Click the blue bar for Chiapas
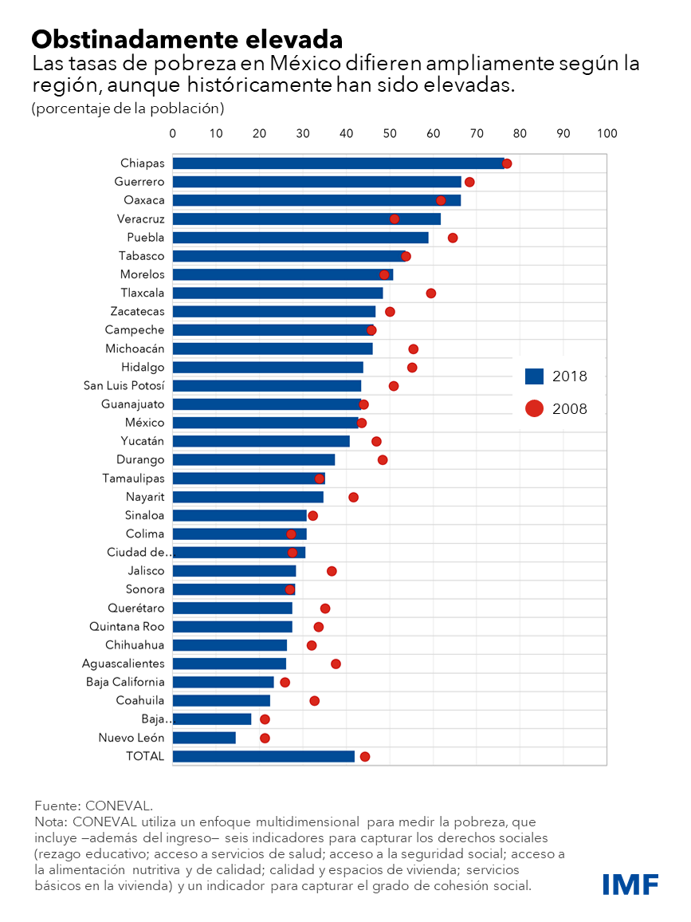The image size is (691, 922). pyautogui.click(x=339, y=164)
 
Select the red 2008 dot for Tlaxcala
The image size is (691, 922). pyautogui.click(x=431, y=294)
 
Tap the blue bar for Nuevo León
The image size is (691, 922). pyautogui.click(x=204, y=738)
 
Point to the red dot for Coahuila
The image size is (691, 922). pyautogui.click(x=315, y=701)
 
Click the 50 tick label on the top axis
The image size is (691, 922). pyautogui.click(x=390, y=133)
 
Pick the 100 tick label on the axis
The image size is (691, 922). pyautogui.click(x=607, y=133)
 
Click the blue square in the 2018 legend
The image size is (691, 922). pyautogui.click(x=534, y=376)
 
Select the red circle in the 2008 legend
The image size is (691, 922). pyautogui.click(x=534, y=408)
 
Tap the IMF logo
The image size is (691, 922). pyautogui.click(x=630, y=884)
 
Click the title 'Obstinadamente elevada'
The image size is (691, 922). pyautogui.click(x=187, y=38)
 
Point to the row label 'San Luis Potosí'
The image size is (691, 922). pyautogui.click(x=124, y=386)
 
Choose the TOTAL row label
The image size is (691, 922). pyautogui.click(x=145, y=756)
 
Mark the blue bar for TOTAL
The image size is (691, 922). pyautogui.click(x=263, y=756)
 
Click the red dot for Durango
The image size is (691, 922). pyautogui.click(x=383, y=460)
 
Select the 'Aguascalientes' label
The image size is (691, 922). pyautogui.click(x=124, y=664)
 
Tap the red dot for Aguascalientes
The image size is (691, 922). pyautogui.click(x=336, y=664)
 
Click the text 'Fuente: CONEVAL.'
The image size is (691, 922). pyautogui.click(x=93, y=806)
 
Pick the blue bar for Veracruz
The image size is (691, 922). pyautogui.click(x=307, y=219)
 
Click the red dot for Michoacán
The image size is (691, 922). pyautogui.click(x=413, y=349)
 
